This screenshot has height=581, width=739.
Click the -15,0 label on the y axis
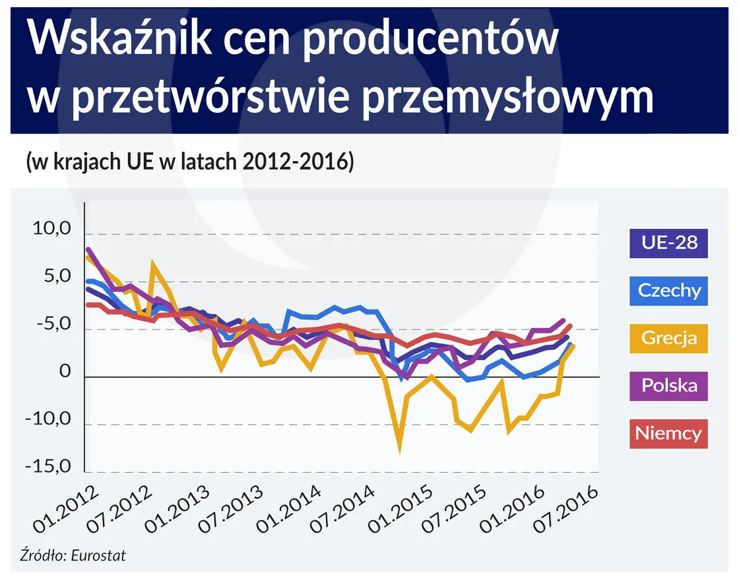point(48,467)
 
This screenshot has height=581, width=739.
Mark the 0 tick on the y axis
point(65,372)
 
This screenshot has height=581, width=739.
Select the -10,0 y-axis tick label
point(48,420)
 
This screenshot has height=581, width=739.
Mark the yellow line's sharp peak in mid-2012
point(153,263)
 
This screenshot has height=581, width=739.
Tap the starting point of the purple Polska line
point(88,250)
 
